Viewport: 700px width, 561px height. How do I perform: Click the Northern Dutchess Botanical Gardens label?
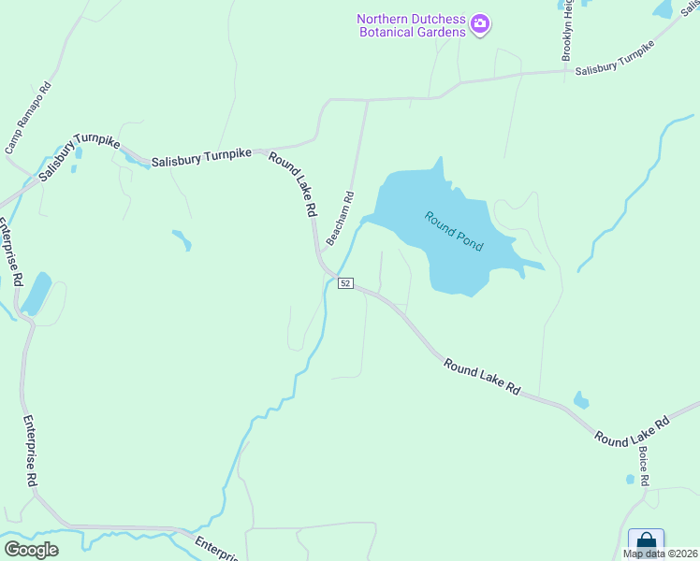410,26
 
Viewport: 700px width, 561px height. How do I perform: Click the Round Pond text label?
454,231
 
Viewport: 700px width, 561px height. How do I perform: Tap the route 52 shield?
345,282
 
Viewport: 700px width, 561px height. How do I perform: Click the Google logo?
31,550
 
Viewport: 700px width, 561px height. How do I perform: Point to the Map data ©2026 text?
661,554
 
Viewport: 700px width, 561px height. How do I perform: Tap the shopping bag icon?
646,541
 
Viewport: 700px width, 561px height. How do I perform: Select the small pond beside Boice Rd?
630,480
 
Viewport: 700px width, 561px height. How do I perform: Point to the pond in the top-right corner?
663,9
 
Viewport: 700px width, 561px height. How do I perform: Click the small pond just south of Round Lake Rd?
581,402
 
